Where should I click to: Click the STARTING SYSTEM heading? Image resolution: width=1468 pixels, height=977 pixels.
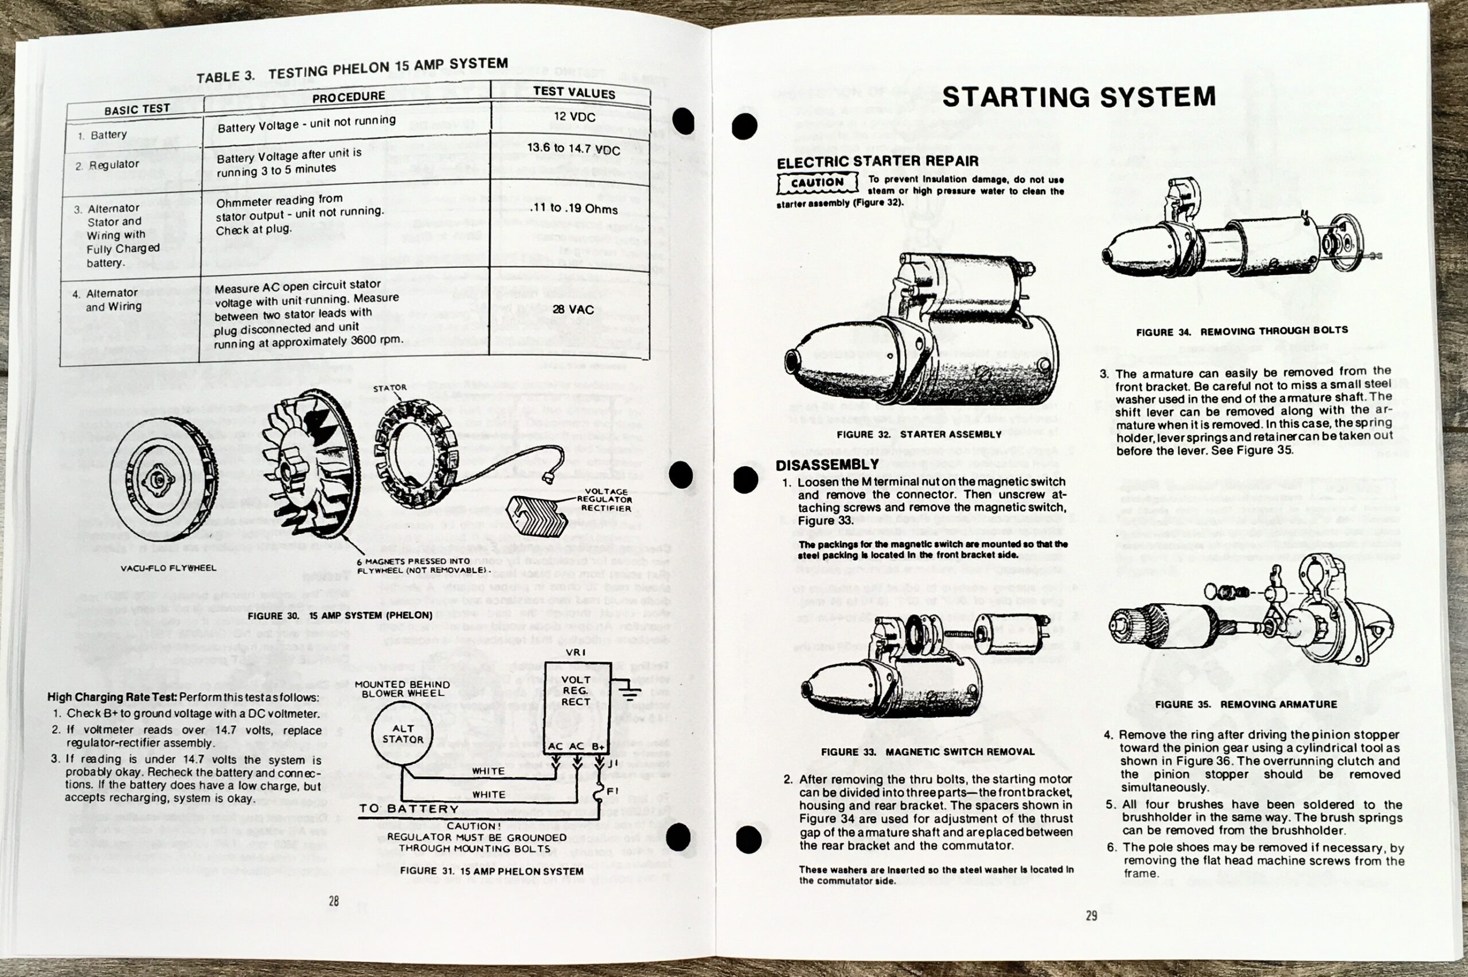1079,98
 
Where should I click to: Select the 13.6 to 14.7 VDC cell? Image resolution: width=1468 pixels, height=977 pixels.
573,149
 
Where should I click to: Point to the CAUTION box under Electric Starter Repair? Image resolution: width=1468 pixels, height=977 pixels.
817,182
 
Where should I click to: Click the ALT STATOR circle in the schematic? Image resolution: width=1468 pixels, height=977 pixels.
403,734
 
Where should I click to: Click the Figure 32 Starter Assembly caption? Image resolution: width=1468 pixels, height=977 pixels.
919,434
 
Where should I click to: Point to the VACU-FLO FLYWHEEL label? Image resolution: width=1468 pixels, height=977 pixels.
167,568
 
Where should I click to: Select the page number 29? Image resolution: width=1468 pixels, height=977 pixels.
1091,916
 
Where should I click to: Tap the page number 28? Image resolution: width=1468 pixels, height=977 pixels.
333,901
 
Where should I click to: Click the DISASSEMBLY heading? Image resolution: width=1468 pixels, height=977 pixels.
826,465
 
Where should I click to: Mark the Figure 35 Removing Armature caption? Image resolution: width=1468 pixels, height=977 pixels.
1246,704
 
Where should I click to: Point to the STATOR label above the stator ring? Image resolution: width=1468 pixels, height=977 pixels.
389,388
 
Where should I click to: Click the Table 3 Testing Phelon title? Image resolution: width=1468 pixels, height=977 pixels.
352,70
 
